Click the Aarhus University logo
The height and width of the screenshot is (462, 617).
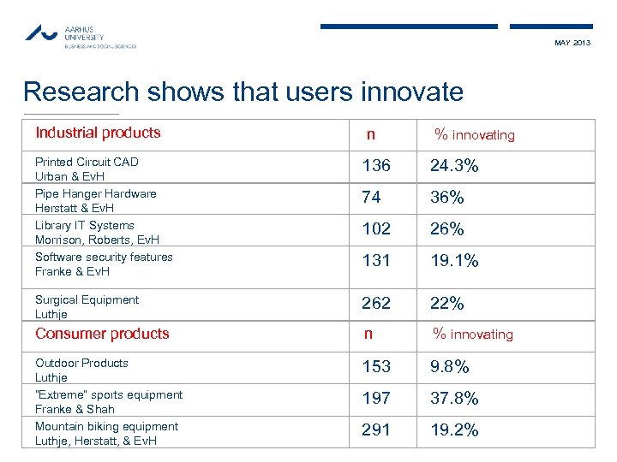pos(79,36)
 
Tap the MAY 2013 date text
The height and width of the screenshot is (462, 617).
pos(572,43)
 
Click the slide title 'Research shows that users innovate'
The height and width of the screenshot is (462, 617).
pos(243,92)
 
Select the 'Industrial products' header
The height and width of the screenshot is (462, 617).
pos(98,133)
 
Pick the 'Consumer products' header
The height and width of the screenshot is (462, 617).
pos(102,334)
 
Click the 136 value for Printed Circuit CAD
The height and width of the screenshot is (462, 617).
pos(375,166)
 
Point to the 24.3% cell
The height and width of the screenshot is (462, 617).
pos(454,166)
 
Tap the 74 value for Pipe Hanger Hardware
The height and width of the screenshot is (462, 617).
pos(371,198)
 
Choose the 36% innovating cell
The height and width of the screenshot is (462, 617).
pos(446,198)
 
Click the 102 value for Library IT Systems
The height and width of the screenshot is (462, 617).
pos(375,229)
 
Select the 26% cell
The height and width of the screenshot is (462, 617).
pos(446,229)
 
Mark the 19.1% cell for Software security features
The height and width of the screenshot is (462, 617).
pos(454,261)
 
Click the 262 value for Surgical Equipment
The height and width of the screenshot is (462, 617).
pos(375,304)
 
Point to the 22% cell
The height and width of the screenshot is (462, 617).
pos(446,304)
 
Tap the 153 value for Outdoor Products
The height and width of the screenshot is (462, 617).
pos(375,367)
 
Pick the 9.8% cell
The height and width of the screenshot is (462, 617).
pos(450,367)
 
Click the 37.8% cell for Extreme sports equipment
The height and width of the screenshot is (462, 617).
pos(454,399)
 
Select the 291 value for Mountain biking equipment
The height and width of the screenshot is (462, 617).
pos(375,430)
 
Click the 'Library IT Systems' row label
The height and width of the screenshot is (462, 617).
pos(85,226)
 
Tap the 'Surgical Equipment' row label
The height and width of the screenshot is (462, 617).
pos(87,300)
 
